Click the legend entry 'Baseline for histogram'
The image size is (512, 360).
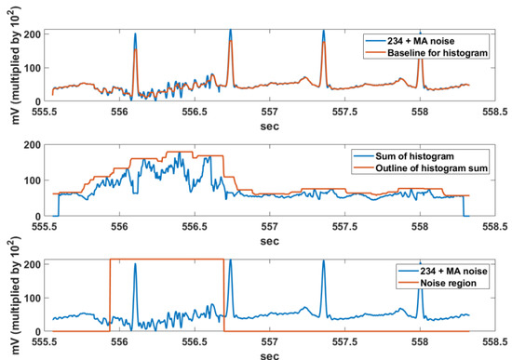pyautogui.click(x=438, y=51)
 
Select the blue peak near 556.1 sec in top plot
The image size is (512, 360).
pyautogui.click(x=135, y=37)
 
